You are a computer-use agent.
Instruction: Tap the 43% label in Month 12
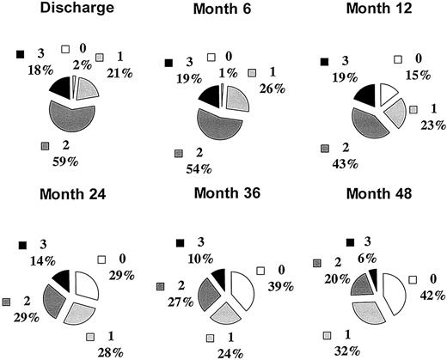click(x=341, y=162)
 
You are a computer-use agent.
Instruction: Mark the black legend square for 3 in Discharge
click(x=20, y=54)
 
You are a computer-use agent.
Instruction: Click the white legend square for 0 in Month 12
click(x=398, y=61)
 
